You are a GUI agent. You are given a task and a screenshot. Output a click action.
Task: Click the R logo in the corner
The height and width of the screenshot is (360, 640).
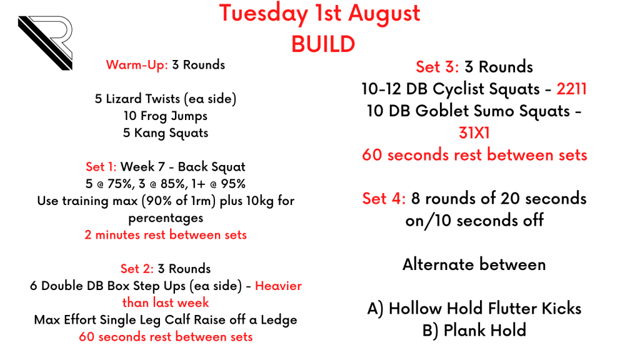coord(46,43)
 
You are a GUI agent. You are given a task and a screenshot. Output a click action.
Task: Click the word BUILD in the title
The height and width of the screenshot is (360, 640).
coord(323,44)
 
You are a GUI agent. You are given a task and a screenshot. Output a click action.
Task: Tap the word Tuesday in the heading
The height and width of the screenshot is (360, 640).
coord(263,14)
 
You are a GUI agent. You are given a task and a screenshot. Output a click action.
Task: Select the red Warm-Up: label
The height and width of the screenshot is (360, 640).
coord(137,65)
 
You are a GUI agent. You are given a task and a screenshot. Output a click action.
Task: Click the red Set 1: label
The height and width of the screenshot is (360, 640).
coord(101,166)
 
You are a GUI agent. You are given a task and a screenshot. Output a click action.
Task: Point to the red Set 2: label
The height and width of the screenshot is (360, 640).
coord(137,269)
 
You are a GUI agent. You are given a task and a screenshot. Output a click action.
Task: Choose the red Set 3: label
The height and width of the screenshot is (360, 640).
coord(437,66)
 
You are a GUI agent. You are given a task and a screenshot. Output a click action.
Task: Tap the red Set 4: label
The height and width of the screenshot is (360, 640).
coord(384,198)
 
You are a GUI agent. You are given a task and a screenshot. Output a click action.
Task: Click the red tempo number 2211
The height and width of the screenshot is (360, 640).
coord(571,89)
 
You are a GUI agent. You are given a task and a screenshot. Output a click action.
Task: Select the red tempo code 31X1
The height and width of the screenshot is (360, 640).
coord(474,132)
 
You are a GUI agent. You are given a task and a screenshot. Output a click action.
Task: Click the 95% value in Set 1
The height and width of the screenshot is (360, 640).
coord(233,184)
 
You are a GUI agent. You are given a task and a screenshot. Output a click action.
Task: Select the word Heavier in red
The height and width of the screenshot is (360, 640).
coord(278,286)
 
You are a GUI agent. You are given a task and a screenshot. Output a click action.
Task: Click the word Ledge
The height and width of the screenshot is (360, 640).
coord(279,320)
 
